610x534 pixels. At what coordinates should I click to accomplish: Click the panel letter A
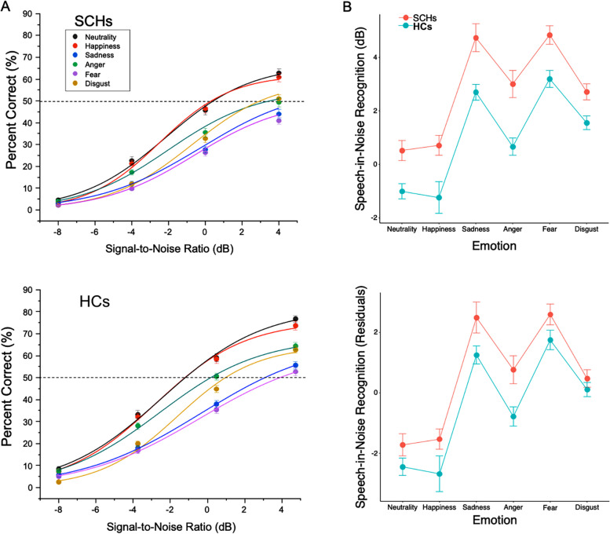(9, 9)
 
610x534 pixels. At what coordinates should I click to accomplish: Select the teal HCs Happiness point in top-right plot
(440, 197)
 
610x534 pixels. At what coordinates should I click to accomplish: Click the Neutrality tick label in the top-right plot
(403, 229)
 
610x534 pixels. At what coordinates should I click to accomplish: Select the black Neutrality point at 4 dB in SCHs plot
(279, 74)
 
